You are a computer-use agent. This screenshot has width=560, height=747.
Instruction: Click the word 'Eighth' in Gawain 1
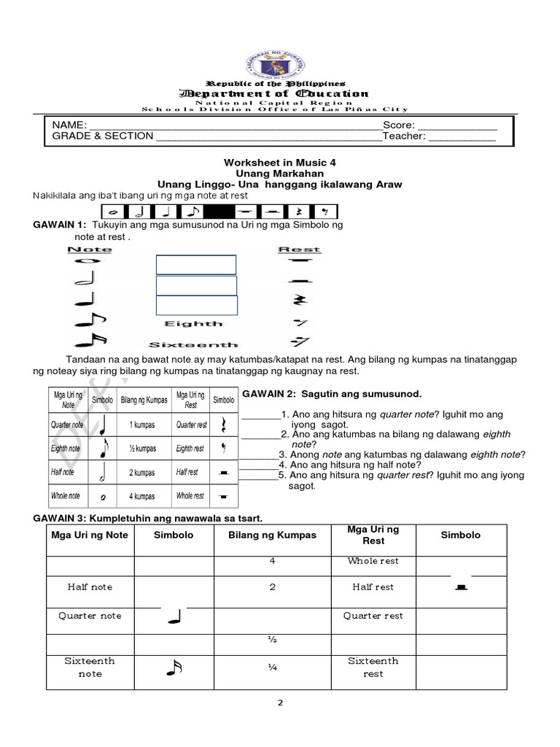click(x=193, y=323)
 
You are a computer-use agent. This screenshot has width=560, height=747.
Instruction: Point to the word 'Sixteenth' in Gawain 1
click(x=193, y=344)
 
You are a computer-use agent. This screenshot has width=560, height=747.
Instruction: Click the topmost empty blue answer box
click(x=195, y=265)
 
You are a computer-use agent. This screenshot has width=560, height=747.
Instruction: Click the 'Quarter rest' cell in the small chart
click(x=190, y=425)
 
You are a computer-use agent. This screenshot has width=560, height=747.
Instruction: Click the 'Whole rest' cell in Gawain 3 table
click(x=373, y=561)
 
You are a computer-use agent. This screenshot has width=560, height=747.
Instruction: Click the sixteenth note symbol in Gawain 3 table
click(x=173, y=667)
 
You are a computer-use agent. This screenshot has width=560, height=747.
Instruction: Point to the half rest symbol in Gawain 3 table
click(x=460, y=587)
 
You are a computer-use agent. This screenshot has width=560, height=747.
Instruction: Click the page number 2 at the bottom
click(x=280, y=703)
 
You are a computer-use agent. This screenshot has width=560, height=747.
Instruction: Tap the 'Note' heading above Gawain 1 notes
click(x=90, y=249)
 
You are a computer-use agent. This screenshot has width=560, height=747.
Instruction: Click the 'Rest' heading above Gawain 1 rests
click(x=299, y=249)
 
